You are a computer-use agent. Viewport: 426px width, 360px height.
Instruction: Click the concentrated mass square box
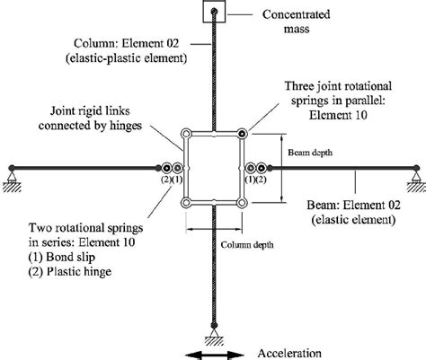tap(214, 12)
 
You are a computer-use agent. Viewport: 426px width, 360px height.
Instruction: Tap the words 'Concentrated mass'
tap(297, 22)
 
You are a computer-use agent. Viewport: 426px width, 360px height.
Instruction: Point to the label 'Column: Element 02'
tap(126, 43)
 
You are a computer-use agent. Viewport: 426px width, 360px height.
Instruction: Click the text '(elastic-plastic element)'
tap(126, 58)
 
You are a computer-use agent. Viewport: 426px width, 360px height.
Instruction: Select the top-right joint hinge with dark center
tap(242, 134)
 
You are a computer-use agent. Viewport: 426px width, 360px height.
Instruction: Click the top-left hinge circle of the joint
tap(186, 134)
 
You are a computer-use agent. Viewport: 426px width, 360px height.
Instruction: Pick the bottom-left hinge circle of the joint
tap(186, 203)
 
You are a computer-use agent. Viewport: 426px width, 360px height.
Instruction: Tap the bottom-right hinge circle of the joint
tap(242, 203)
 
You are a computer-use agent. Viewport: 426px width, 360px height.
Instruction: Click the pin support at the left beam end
tap(12, 179)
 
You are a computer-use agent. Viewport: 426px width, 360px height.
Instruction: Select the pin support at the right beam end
tap(416, 179)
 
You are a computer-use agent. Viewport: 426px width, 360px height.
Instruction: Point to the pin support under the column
tap(214, 335)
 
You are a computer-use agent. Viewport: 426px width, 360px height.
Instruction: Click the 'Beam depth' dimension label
tap(310, 153)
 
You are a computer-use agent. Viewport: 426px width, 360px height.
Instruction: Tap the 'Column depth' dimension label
tap(247, 245)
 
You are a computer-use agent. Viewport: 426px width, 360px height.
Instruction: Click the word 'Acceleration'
tap(289, 354)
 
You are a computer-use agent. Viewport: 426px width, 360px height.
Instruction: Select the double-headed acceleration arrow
tap(215, 356)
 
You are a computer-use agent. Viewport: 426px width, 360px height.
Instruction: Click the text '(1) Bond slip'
tap(62, 257)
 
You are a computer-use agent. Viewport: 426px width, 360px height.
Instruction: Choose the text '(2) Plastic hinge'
tap(70, 272)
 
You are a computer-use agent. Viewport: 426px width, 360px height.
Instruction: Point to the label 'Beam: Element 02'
tap(353, 206)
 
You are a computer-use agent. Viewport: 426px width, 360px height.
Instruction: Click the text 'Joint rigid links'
tap(90, 111)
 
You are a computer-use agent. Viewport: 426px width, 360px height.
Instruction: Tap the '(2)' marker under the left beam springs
tap(165, 180)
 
